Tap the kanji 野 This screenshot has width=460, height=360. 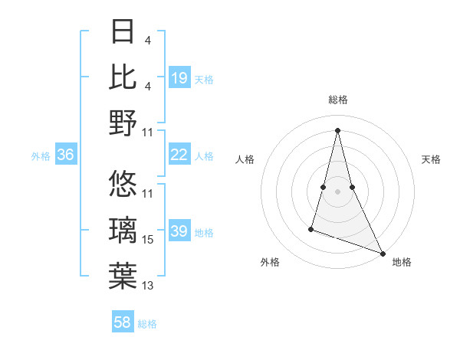(x=123, y=123)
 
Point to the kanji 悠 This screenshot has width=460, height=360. (x=123, y=184)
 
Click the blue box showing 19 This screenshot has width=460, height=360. (x=179, y=77)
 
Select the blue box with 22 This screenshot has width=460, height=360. (x=179, y=155)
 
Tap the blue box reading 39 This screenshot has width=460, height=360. (x=179, y=231)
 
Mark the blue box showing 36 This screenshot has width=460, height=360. (x=66, y=155)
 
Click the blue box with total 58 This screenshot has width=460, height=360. (x=123, y=322)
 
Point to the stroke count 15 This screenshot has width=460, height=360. (x=148, y=241)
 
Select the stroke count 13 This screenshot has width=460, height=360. (x=148, y=286)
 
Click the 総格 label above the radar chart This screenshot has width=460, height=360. (x=337, y=100)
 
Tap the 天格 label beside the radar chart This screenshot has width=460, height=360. (x=431, y=159)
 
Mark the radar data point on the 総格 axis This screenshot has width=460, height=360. (x=337, y=129)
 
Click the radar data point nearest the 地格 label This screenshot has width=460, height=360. (x=383, y=254)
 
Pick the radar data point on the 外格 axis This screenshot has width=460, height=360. (x=311, y=228)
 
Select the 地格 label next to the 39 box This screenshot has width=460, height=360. (x=205, y=232)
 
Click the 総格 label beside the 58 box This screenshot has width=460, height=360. (x=147, y=323)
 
